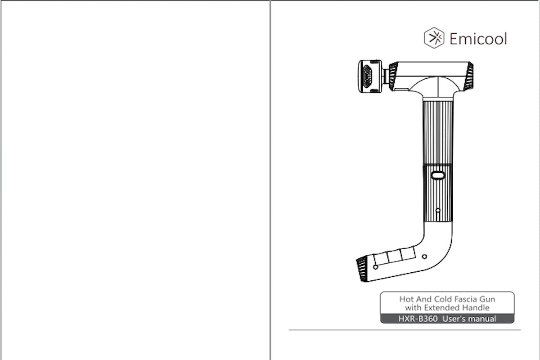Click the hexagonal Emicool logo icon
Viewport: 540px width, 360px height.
click(x=434, y=38)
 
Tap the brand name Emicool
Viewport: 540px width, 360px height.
click(x=478, y=39)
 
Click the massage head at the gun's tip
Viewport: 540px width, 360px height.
click(x=370, y=76)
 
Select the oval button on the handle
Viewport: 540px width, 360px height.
click(x=438, y=175)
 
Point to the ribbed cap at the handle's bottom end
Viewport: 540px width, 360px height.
click(x=362, y=269)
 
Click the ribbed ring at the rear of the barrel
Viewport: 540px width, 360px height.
click(x=468, y=76)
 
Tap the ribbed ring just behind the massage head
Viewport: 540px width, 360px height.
click(x=393, y=76)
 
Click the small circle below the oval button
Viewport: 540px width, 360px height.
click(x=438, y=210)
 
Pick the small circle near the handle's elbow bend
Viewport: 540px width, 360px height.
click(x=424, y=256)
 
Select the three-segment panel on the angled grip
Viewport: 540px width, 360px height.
click(x=395, y=256)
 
